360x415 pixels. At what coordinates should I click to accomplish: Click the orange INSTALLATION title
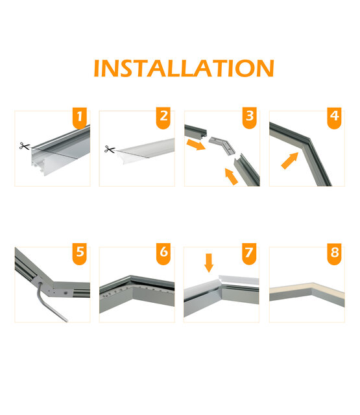click(x=184, y=68)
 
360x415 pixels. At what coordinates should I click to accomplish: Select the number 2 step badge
click(x=164, y=118)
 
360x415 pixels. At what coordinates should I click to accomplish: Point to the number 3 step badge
click(x=250, y=118)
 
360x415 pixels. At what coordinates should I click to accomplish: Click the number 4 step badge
click(x=335, y=118)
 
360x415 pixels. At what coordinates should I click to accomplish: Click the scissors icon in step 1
click(x=25, y=147)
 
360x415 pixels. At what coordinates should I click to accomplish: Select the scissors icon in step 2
click(x=110, y=150)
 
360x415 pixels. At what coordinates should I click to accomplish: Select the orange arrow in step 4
click(x=291, y=160)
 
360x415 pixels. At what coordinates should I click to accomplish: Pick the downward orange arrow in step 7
click(x=208, y=263)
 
